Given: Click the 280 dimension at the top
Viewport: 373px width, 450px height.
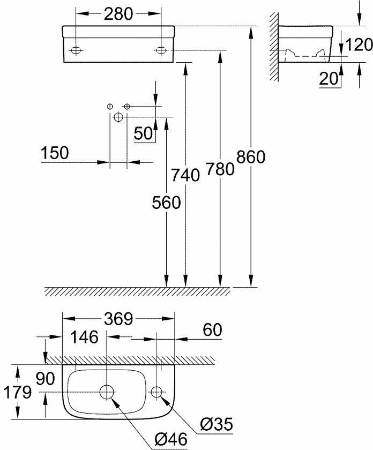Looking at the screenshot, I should tap(118, 14).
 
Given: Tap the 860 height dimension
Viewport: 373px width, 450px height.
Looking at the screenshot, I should tap(251, 157).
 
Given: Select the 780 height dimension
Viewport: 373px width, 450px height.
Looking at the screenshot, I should tap(219, 169).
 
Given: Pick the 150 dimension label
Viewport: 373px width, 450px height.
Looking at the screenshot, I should tap(55, 153).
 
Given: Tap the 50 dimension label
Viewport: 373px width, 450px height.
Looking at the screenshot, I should tap(144, 133).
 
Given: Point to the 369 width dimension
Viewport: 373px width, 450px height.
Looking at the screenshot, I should tap(118, 320).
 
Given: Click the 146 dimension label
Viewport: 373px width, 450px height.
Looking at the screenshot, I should tap(84, 337).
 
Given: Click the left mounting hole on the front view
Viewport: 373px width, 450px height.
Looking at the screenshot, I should tap(76, 50).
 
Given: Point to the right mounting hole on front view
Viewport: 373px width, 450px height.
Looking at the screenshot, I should tap(161, 50).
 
